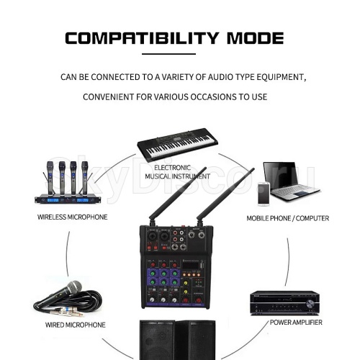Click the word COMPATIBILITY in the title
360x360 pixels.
(142, 38)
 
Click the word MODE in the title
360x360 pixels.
(256, 38)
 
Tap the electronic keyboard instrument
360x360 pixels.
(177, 144)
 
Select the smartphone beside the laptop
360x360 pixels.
(264, 194)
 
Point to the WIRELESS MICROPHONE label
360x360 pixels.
(72, 217)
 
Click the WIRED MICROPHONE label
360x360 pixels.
(76, 325)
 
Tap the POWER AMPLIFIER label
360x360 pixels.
(296, 323)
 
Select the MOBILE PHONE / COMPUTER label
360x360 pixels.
(288, 218)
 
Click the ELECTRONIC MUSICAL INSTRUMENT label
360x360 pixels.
(177, 172)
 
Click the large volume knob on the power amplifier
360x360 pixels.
(310, 305)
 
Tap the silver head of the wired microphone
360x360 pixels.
(74, 287)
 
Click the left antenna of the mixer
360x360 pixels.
(177, 194)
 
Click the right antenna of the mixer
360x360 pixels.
(225, 194)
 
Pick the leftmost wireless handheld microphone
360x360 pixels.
(50, 178)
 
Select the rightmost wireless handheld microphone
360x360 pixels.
(84, 178)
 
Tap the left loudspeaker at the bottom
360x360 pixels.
(157, 340)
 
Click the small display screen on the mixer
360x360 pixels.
(191, 266)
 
